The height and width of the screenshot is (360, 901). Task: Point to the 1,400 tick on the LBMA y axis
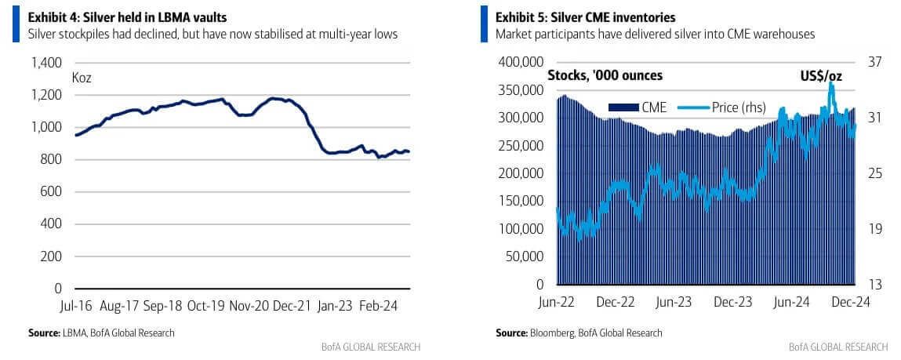tap(46, 63)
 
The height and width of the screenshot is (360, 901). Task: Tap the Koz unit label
tap(82, 78)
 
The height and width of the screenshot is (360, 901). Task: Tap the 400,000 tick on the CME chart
tap(521, 62)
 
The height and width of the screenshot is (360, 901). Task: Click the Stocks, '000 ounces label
tap(605, 75)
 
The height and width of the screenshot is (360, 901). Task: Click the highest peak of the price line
tap(830, 83)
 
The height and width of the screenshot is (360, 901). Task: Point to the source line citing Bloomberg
tap(579, 333)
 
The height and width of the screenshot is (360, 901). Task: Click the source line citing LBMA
tap(101, 333)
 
